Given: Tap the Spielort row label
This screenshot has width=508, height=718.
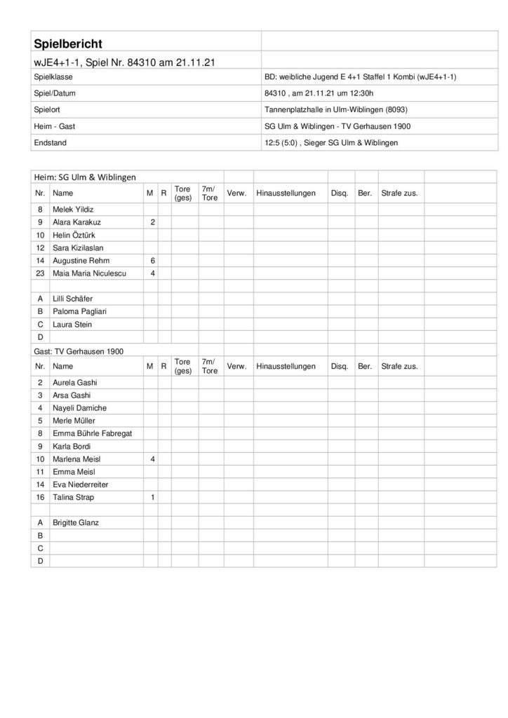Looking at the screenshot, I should coord(48,109).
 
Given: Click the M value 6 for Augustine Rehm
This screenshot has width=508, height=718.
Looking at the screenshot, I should coord(152,260).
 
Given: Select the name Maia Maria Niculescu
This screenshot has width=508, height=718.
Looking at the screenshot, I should coord(88,273).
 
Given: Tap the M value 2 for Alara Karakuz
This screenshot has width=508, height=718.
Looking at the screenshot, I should coord(152,222).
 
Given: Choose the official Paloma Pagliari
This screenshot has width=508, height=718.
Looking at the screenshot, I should coord(79,311).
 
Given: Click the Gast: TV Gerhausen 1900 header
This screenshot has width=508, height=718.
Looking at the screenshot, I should coord(76,350).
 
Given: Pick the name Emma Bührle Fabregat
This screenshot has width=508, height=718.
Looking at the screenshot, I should coord(92,433).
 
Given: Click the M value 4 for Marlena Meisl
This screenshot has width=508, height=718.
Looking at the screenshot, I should coord(152,459).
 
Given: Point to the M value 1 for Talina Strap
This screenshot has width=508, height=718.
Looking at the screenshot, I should coord(152,497).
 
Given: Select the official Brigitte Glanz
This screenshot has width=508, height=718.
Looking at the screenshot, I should coord(76,522).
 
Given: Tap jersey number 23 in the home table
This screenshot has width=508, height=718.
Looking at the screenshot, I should coord(41,273).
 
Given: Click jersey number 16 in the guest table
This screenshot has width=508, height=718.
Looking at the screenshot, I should coord(41,497).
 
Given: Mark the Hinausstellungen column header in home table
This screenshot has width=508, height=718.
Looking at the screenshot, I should coord(286,192).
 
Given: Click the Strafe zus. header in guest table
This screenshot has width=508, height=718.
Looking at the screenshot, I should coord(399,367).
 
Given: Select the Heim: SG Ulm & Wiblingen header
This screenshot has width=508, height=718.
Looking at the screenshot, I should coord(85,176).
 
